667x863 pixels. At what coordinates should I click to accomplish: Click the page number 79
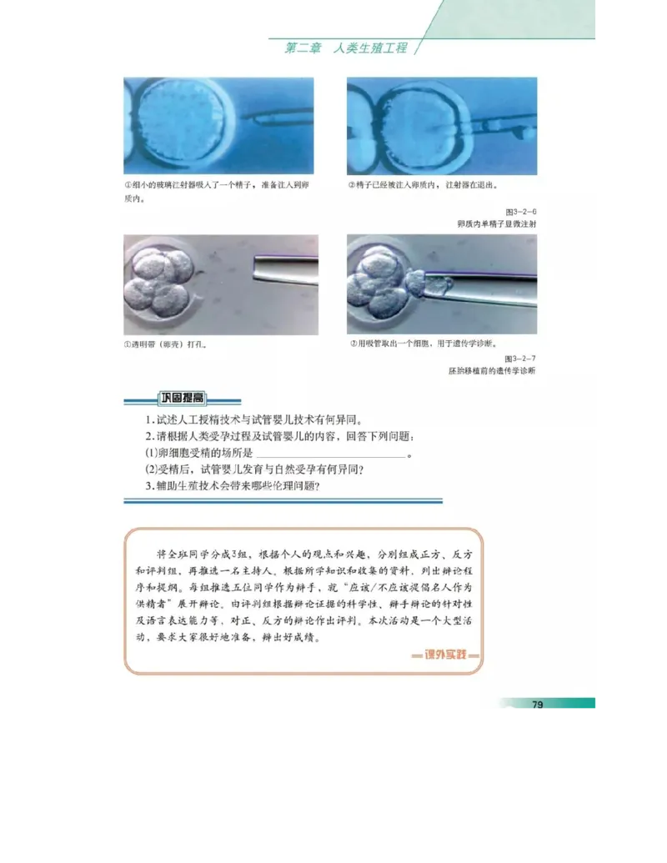pos(538,705)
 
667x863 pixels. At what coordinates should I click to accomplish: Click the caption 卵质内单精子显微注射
pos(497,224)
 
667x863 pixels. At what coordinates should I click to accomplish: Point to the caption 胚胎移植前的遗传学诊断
pos(492,370)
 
